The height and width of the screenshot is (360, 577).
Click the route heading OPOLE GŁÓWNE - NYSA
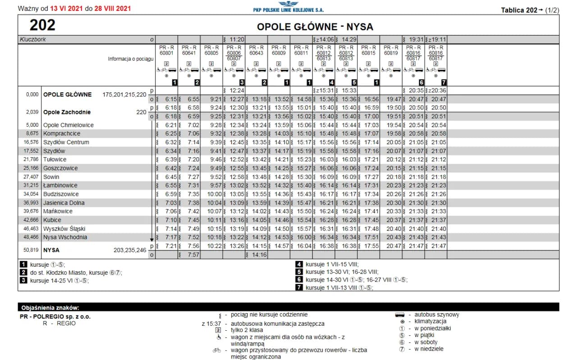[x=315, y=27]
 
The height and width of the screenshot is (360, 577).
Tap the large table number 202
[x=42, y=25]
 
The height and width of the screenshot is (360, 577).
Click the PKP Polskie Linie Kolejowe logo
[x=288, y=7]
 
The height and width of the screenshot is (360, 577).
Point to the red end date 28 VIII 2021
[x=113, y=9]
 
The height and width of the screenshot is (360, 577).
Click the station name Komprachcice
[x=62, y=133]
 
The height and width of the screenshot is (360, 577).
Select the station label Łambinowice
[x=60, y=185]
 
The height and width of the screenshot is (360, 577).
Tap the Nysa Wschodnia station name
[x=65, y=237]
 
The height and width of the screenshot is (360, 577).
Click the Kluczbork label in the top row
[x=33, y=40]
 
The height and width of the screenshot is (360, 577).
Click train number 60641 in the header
[x=189, y=53]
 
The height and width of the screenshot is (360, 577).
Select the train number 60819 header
[x=391, y=53]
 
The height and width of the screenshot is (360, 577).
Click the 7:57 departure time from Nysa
[x=192, y=255]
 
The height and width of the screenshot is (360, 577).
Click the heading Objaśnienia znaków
[x=50, y=308]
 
